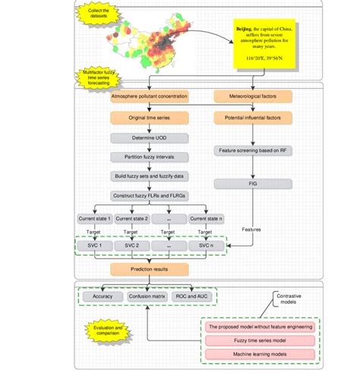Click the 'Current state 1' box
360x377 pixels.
[95, 219]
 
